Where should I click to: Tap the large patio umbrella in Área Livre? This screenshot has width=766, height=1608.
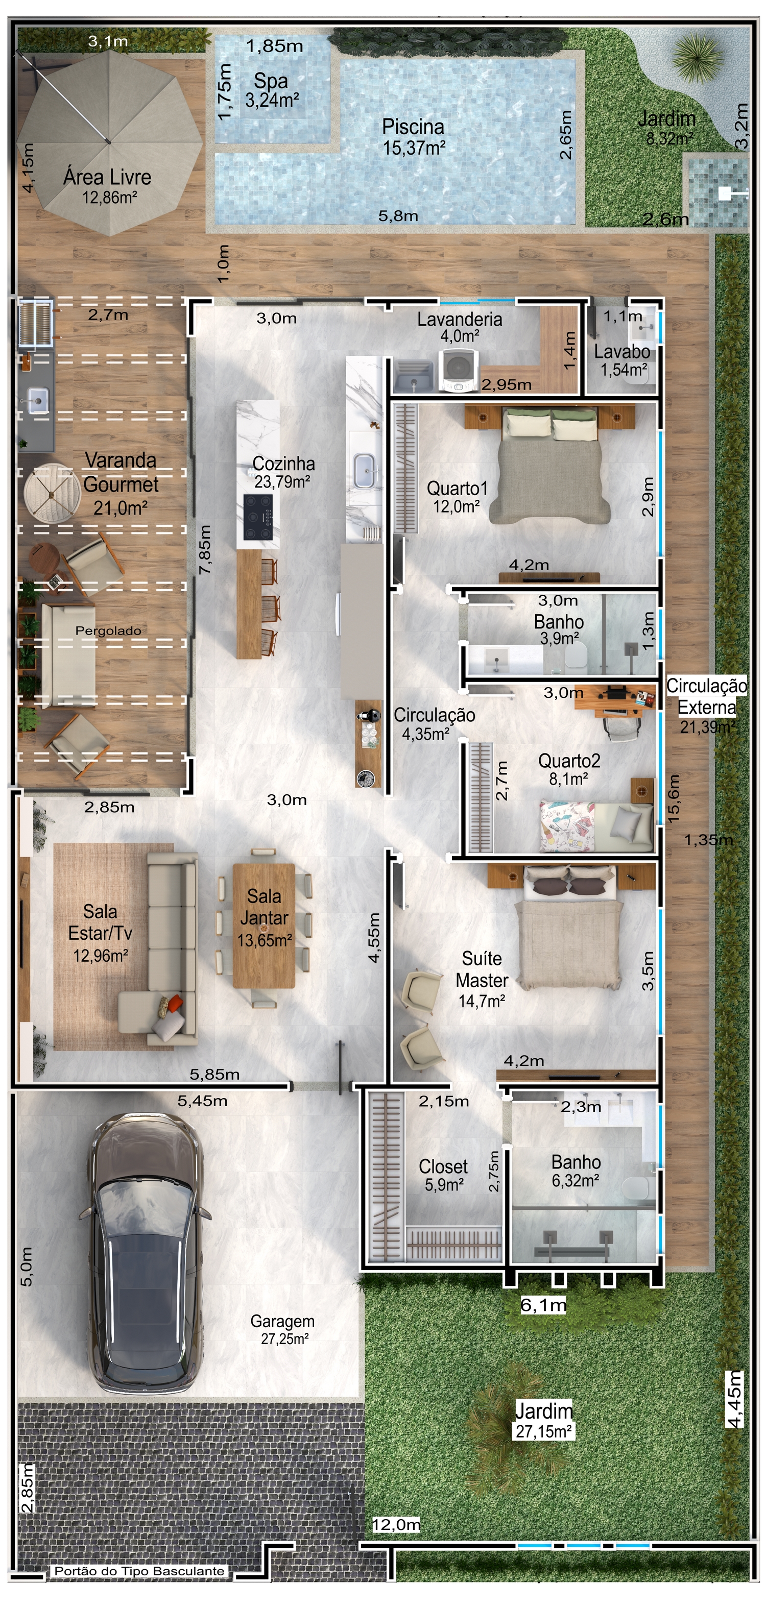point(110,142)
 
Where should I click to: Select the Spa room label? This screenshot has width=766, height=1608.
point(271,81)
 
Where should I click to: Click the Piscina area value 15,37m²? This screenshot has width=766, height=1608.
point(414,148)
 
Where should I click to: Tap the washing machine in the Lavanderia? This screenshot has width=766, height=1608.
point(459,370)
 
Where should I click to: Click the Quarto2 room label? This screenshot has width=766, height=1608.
point(569,761)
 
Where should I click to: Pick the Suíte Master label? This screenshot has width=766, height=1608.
point(482,969)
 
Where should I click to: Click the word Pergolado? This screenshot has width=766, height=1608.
point(108,630)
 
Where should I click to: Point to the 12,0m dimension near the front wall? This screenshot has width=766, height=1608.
point(396,1525)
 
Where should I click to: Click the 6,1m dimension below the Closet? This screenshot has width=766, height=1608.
point(544,1305)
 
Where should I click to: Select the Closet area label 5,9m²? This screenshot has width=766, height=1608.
point(444,1185)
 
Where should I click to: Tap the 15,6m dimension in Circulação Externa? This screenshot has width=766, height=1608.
point(674,798)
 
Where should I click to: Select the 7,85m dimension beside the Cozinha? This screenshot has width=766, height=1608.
point(205,549)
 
